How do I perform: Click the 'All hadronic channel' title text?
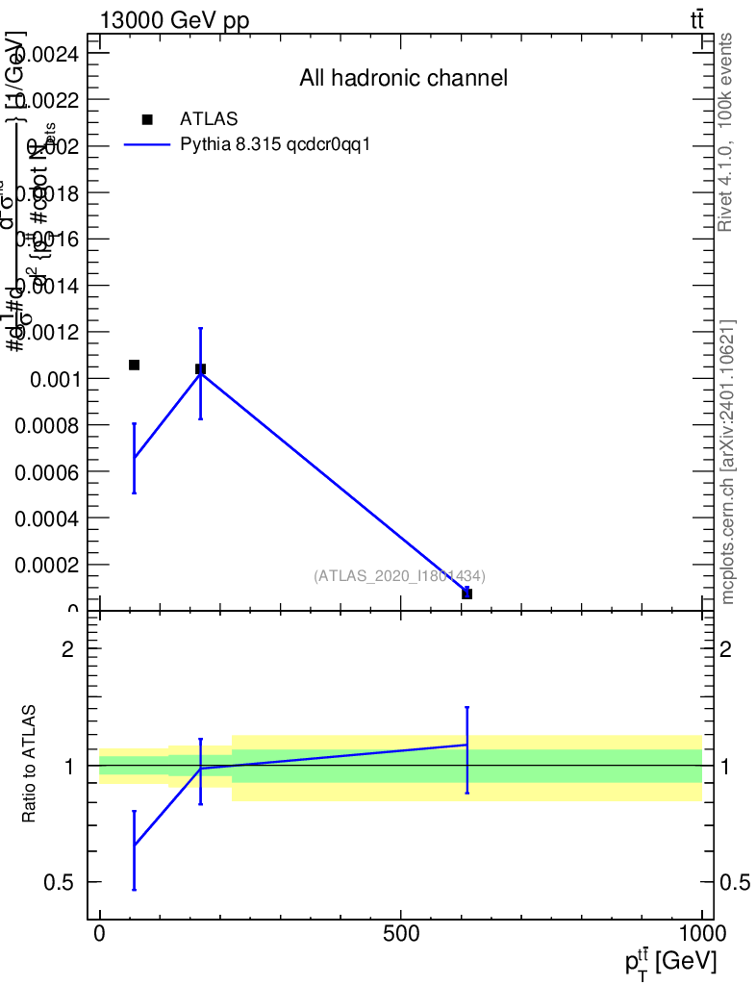click(403, 79)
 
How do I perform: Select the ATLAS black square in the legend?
click(147, 119)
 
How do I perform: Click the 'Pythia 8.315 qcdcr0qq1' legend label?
click(276, 144)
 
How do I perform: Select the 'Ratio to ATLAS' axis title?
click(29, 765)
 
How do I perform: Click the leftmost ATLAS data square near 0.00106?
click(135, 365)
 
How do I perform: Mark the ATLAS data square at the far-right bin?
click(466, 594)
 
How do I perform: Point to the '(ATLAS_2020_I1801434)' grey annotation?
click(399, 576)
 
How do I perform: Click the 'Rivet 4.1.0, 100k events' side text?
click(726, 132)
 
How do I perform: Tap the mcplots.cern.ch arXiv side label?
click(728, 462)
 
